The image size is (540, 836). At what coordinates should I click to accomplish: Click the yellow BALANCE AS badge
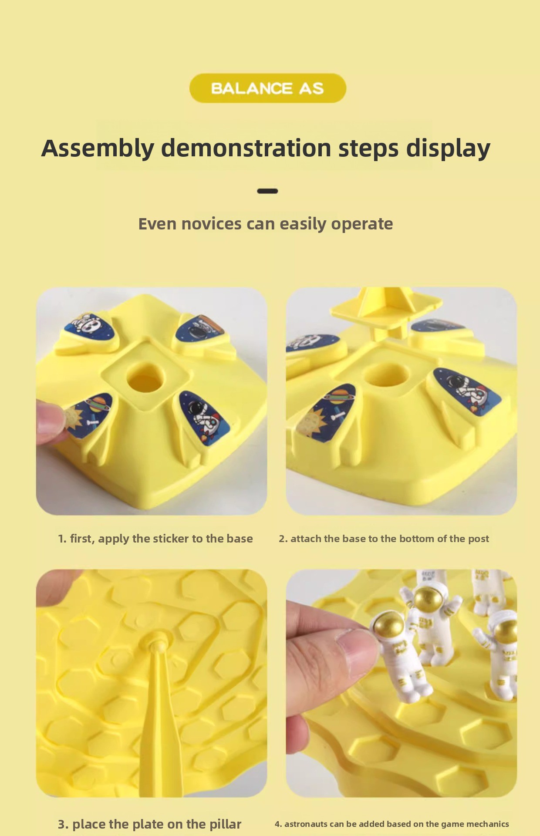pyautogui.click(x=267, y=88)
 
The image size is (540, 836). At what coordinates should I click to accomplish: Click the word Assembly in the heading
pyautogui.click(x=98, y=149)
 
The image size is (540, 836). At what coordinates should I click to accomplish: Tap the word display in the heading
pyautogui.click(x=448, y=149)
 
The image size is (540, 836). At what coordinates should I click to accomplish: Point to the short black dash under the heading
pyautogui.click(x=267, y=191)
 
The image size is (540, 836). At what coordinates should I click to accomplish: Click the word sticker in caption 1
pyautogui.click(x=169, y=539)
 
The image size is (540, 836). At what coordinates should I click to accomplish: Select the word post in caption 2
pyautogui.click(x=478, y=539)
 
